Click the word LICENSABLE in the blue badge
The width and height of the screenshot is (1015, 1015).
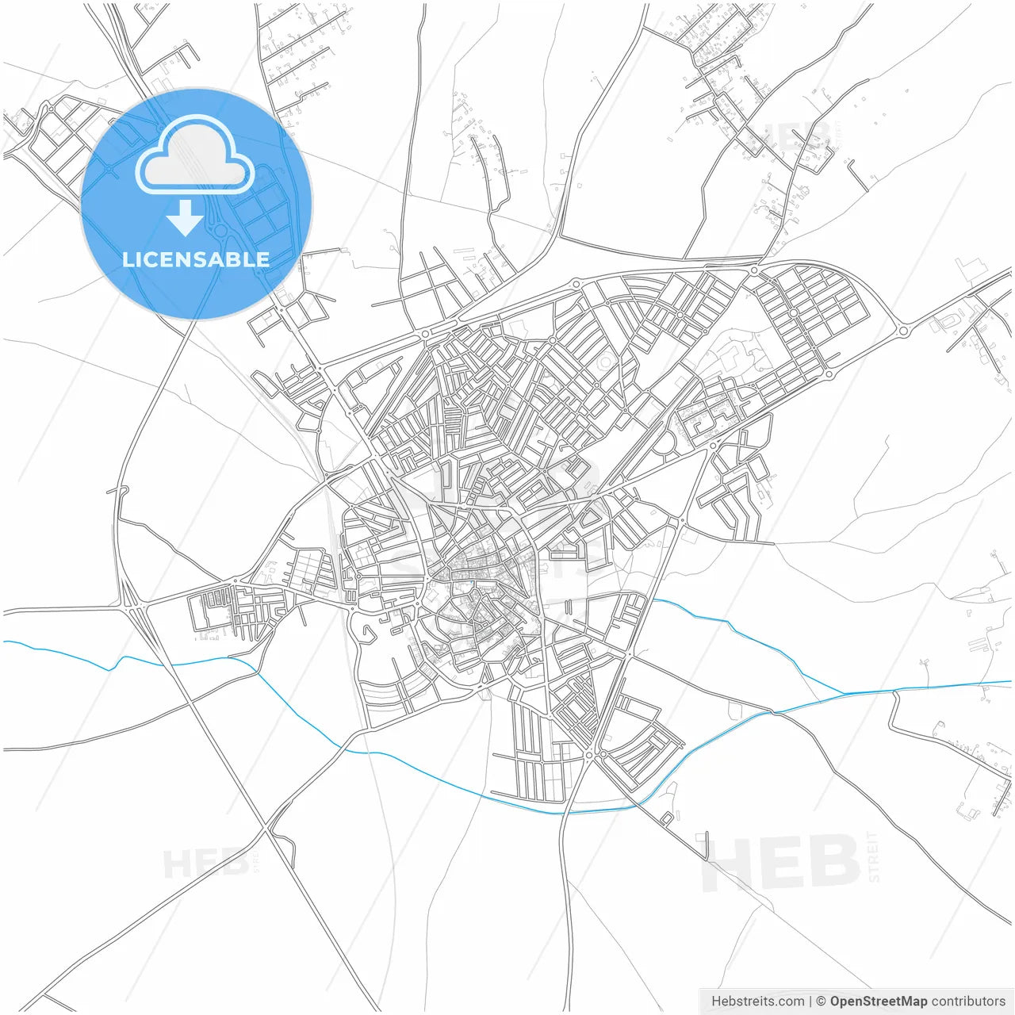click(x=196, y=259)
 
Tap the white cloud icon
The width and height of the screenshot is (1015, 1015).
click(x=195, y=155)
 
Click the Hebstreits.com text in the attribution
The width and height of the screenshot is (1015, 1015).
click(x=757, y=1002)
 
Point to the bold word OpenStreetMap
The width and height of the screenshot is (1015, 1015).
click(x=878, y=1002)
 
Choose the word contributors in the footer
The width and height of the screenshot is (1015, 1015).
click(x=968, y=1002)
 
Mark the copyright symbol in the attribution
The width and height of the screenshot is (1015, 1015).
click(x=821, y=1002)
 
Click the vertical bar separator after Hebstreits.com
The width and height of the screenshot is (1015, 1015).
click(x=810, y=1002)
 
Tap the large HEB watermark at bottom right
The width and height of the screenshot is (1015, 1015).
click(x=781, y=863)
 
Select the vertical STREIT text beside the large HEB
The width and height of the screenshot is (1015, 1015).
click(x=873, y=856)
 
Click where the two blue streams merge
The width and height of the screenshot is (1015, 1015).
click(x=845, y=693)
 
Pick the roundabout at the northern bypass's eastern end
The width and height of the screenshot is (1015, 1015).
click(x=902, y=331)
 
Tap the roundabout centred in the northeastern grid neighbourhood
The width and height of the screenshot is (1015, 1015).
click(x=793, y=313)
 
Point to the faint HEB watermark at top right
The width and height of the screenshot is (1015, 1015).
click(x=785, y=136)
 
